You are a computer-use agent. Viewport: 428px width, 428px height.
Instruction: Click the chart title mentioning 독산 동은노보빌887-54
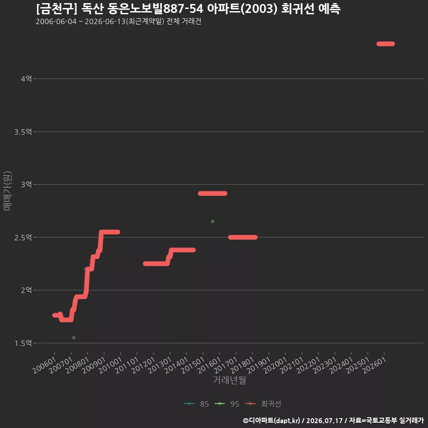[x=188, y=9]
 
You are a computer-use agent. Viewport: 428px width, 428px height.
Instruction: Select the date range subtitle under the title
[x=119, y=21]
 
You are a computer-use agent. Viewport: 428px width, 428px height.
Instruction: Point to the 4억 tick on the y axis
[x=26, y=79]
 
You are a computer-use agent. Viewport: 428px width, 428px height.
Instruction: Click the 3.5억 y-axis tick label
[x=23, y=132]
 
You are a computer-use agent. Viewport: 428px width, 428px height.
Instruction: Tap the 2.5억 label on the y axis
[x=23, y=238]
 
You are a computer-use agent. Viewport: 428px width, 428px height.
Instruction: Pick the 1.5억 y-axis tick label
[x=23, y=343]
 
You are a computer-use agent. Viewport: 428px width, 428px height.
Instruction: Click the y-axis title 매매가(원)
[x=7, y=191]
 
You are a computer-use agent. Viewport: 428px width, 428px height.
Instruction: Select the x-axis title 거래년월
[x=230, y=380]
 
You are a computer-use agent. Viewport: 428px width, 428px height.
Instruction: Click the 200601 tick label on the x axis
[x=45, y=365]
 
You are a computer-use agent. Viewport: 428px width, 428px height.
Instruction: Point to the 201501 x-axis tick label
[x=193, y=365]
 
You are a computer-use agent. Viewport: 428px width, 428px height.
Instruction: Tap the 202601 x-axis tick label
[x=374, y=365]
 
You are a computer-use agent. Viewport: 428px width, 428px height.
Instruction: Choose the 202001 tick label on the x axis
[x=276, y=365]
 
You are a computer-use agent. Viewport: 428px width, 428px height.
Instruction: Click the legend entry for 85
[x=197, y=404]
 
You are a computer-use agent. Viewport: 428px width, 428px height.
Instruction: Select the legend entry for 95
[x=227, y=404]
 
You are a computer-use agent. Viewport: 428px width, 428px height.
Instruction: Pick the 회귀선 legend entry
[x=263, y=404]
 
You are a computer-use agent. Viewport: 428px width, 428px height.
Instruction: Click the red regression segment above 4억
[x=385, y=44]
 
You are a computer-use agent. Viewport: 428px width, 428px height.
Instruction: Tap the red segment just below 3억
[x=212, y=193]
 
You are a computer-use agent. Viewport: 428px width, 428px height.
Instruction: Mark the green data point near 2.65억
[x=213, y=222]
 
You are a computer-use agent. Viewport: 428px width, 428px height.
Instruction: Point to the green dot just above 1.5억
[x=74, y=337]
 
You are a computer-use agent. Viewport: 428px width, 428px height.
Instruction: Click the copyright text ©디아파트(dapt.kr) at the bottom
[x=272, y=420]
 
